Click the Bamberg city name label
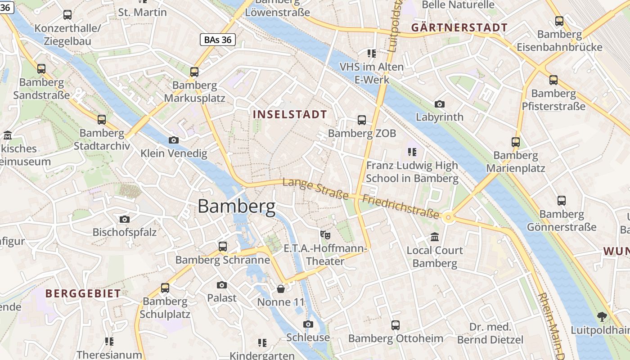pos(237,207)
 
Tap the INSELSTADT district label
pos(290,114)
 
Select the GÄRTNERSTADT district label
pos(459,27)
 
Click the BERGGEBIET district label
pos(83,293)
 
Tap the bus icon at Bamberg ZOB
pos(362,120)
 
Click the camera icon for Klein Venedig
pos(174,140)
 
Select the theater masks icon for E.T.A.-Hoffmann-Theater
pos(325,234)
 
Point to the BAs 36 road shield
pos(218,40)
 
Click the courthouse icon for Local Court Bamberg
pos(435,237)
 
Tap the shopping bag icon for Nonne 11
pos(281,288)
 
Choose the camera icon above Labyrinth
pos(440,104)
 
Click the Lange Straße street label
pos(315,189)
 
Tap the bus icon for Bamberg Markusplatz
pos(194,72)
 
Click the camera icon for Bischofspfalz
pos(125,219)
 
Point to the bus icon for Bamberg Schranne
pos(223,246)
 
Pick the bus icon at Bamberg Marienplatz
pos(516,142)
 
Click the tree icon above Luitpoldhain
pos(602,317)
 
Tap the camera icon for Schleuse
pos(308,324)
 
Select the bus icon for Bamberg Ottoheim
pos(396,325)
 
